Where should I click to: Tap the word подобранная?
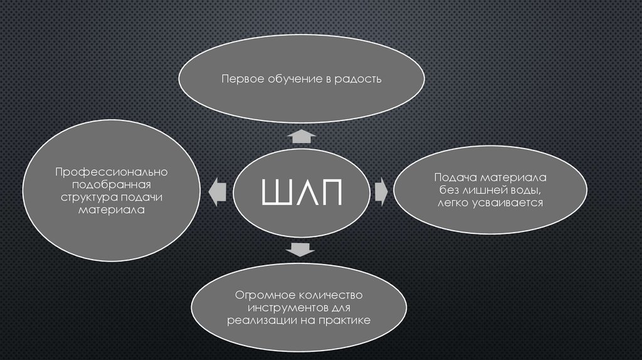(x=112, y=186)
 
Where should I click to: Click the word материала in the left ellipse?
(x=112, y=211)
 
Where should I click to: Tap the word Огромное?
(x=260, y=295)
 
